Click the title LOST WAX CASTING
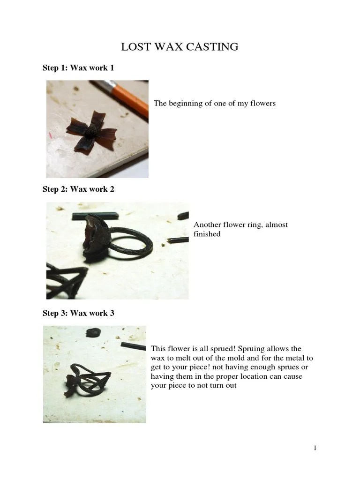click(x=180, y=47)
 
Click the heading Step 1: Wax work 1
click(x=78, y=68)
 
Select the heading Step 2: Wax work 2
click(x=78, y=189)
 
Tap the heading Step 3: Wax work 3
click(x=78, y=313)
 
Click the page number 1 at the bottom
click(x=315, y=448)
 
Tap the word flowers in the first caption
click(x=263, y=103)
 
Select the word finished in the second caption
click(x=207, y=233)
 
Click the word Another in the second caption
click(x=208, y=225)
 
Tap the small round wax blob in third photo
click(x=92, y=331)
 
